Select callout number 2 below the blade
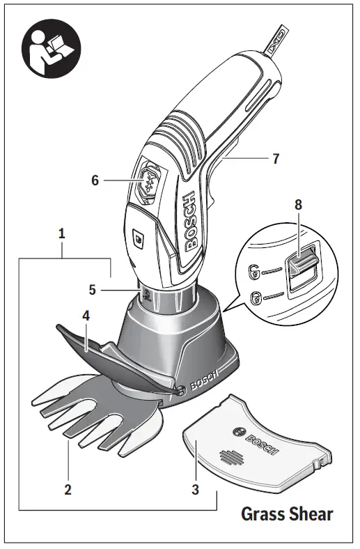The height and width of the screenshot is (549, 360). click(x=68, y=488)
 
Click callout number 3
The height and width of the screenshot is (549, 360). click(x=196, y=489)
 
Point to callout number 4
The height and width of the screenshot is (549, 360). click(x=86, y=315)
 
